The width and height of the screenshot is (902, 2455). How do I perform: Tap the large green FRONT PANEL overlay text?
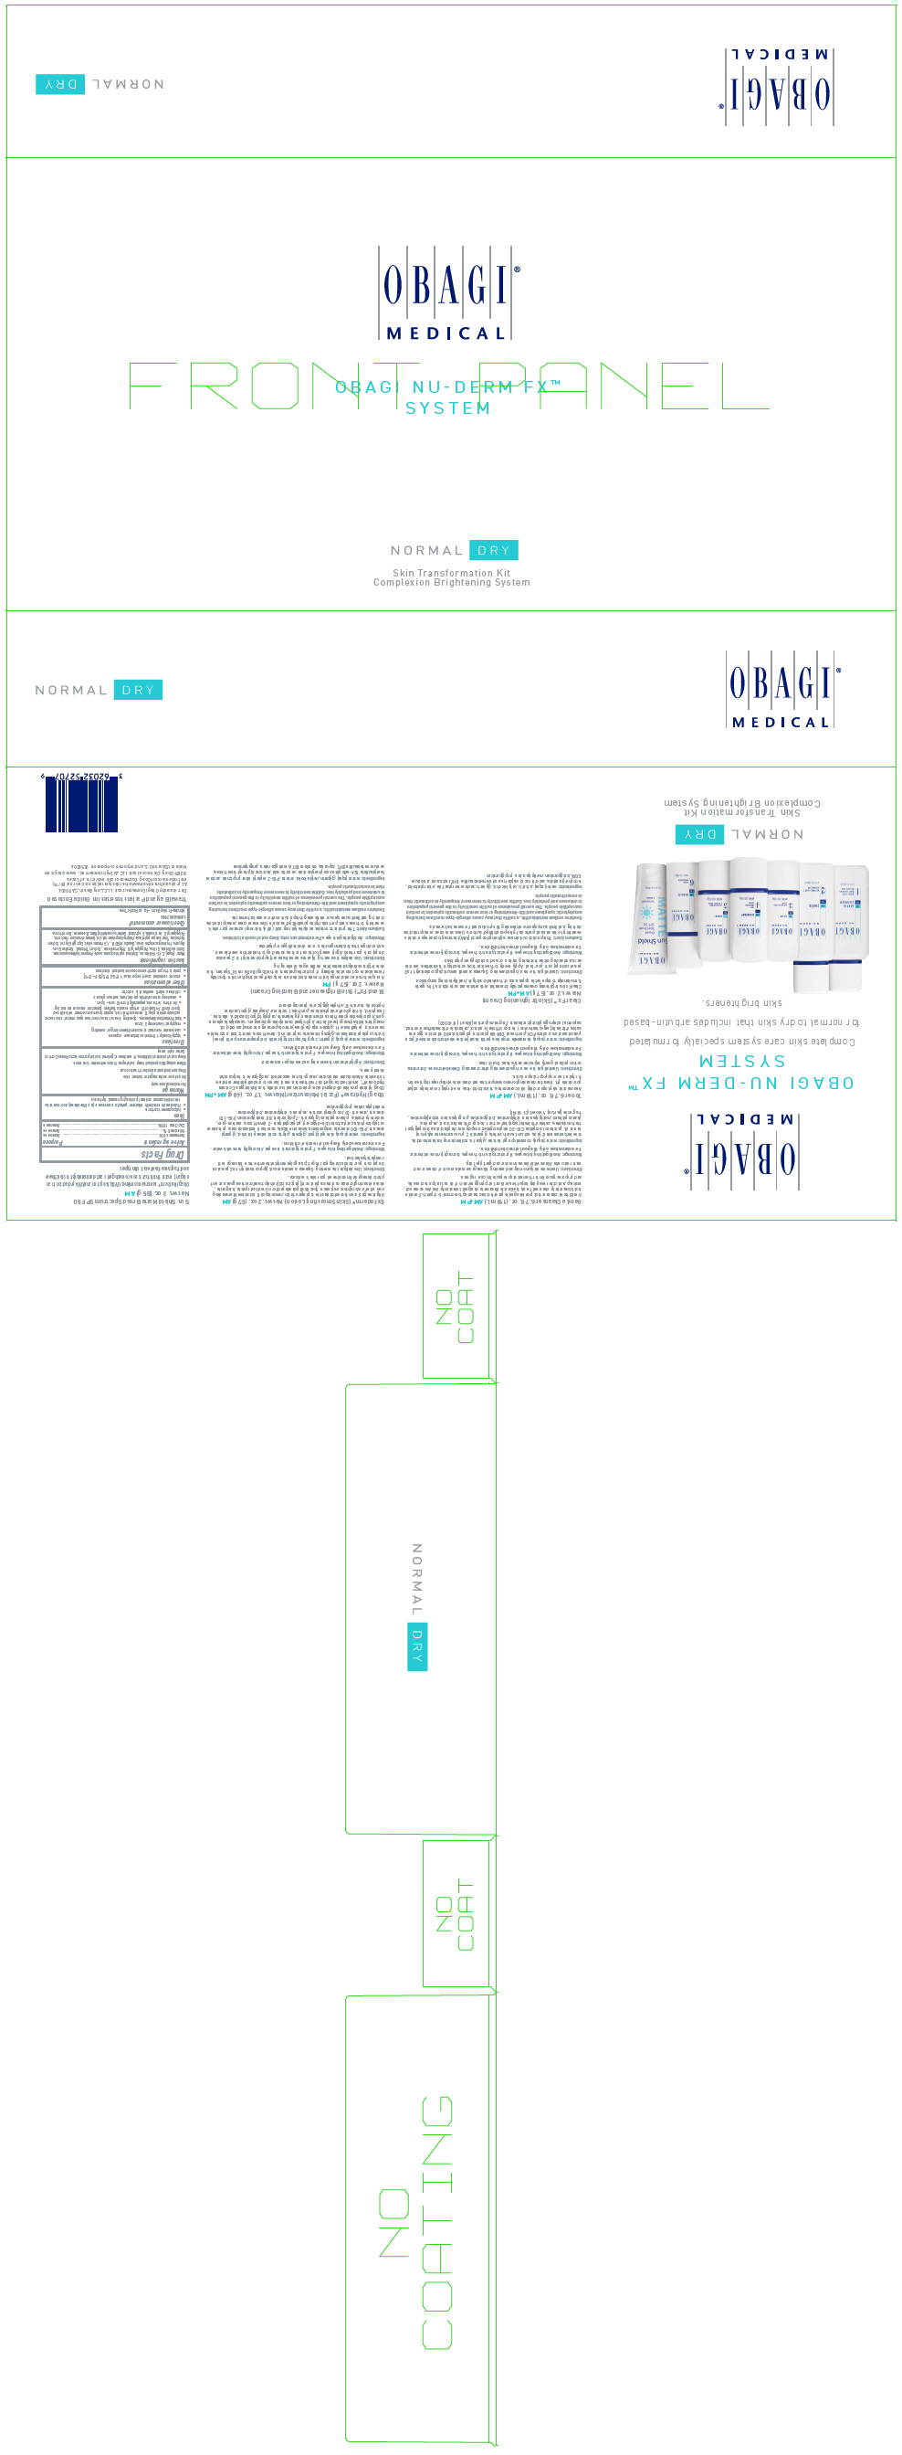point(447,386)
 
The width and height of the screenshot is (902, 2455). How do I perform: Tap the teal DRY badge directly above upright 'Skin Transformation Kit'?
point(493,550)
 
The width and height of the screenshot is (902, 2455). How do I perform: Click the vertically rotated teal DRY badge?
point(417,1645)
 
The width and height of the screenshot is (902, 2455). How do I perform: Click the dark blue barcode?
point(81,805)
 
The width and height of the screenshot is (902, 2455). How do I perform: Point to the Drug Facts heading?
point(163,1154)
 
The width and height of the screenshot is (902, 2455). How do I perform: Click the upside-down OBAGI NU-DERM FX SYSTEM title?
point(742,1072)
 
